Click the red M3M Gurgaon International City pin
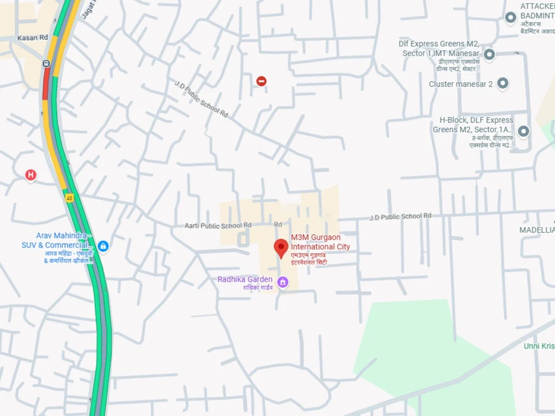click(281, 248)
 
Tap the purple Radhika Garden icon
click(282, 282)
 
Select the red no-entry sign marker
click(261, 81)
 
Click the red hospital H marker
click(31, 174)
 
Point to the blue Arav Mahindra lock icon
click(103, 246)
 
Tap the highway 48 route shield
click(70, 198)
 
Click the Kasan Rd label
click(33, 38)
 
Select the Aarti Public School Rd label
click(218, 225)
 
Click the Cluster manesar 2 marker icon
click(503, 84)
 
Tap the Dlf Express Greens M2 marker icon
click(489, 54)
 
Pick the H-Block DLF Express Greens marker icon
click(523, 131)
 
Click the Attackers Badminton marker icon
click(510, 18)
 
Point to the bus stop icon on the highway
click(46, 63)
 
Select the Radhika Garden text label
click(244, 279)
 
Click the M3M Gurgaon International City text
click(320, 242)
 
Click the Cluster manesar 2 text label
click(461, 84)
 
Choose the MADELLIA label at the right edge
click(537, 230)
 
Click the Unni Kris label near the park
click(539, 346)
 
